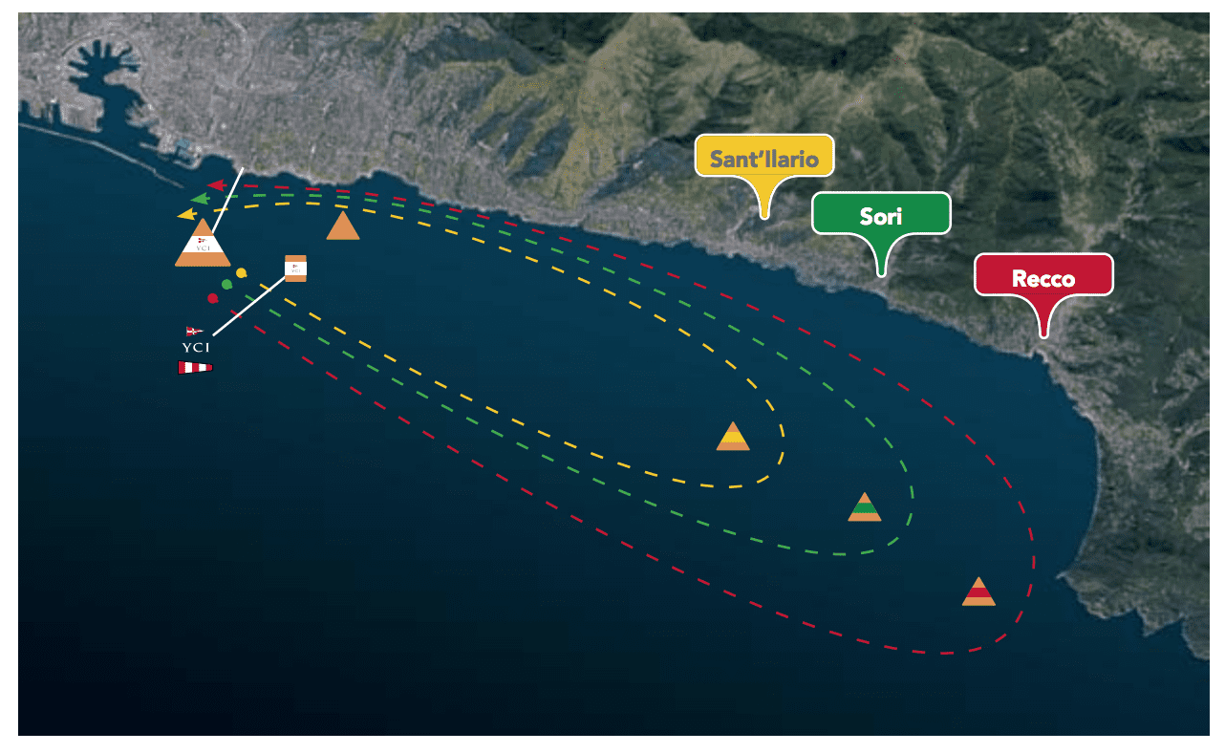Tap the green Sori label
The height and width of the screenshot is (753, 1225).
pos(881,214)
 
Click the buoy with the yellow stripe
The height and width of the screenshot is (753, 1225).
pos(733,437)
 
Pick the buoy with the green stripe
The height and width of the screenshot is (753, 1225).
pos(864,507)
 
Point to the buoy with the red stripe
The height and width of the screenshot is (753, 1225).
pos(978,592)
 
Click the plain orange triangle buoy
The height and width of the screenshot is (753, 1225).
pos(343,227)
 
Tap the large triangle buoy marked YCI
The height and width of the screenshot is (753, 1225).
pos(203,246)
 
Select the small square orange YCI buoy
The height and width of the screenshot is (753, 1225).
pos(296,269)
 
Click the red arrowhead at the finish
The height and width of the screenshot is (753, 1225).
pos(216,184)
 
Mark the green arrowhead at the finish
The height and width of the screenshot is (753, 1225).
pos(200,199)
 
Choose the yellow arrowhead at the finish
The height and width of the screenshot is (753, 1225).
pos(185,214)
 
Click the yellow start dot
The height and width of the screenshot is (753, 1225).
pos(242,273)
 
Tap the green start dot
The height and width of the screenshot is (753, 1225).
pos(226,284)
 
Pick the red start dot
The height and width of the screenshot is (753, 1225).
pos(212,298)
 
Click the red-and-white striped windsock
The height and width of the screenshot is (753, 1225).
pos(195,367)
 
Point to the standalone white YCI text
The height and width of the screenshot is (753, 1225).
pos(195,348)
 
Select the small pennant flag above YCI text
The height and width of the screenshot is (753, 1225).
pos(194,332)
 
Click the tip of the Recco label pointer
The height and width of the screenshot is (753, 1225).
pos(1044,334)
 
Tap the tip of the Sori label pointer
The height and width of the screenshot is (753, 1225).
pos(882,274)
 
